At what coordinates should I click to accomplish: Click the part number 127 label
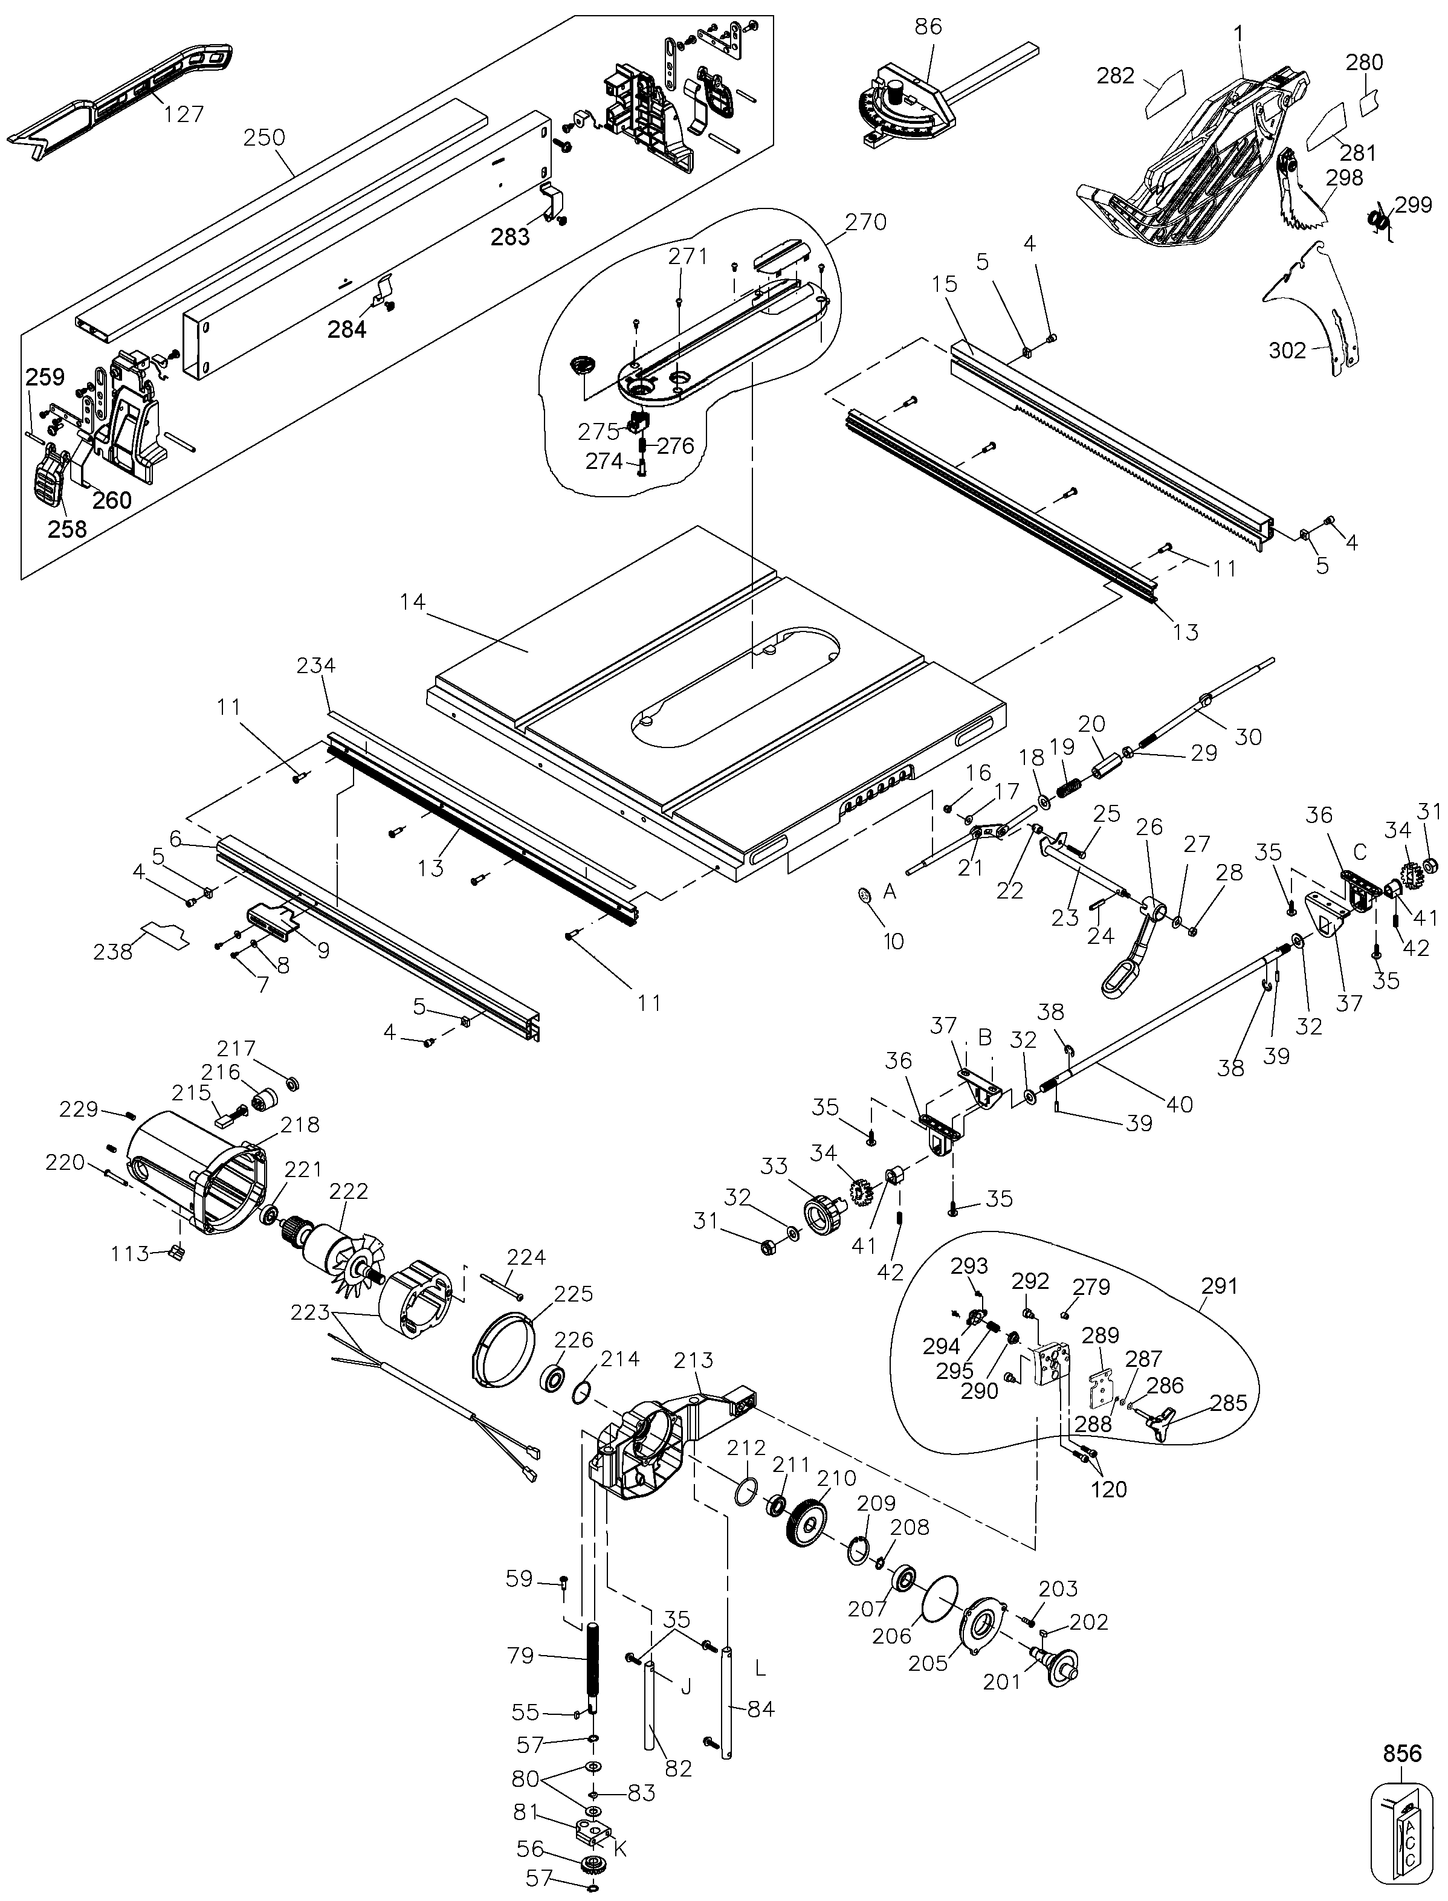pyautogui.click(x=184, y=113)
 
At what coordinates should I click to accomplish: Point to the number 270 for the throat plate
pyautogui.click(x=865, y=222)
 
